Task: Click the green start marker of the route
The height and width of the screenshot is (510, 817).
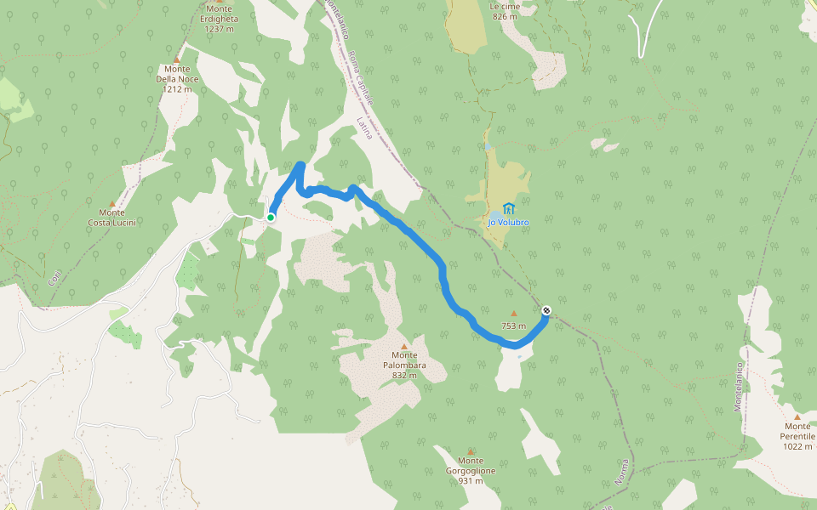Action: (x=271, y=218)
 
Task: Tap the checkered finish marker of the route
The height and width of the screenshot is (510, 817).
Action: (x=546, y=310)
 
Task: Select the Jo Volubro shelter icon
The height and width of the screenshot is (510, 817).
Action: (x=509, y=208)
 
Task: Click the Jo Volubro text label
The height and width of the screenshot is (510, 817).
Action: (x=508, y=223)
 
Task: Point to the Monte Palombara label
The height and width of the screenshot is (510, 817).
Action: (x=404, y=360)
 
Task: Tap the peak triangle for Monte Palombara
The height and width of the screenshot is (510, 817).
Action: (x=404, y=346)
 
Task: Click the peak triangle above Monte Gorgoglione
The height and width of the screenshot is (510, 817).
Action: (x=471, y=451)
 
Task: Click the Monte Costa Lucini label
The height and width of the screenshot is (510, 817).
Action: (x=112, y=218)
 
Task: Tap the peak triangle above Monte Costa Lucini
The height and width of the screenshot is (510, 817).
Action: (x=111, y=204)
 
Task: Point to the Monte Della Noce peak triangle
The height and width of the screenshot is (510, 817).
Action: (x=177, y=59)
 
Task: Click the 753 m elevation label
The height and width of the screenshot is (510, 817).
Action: (x=513, y=326)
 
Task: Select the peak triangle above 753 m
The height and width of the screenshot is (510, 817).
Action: (x=513, y=313)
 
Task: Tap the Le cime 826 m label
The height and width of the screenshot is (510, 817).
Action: (x=505, y=11)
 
